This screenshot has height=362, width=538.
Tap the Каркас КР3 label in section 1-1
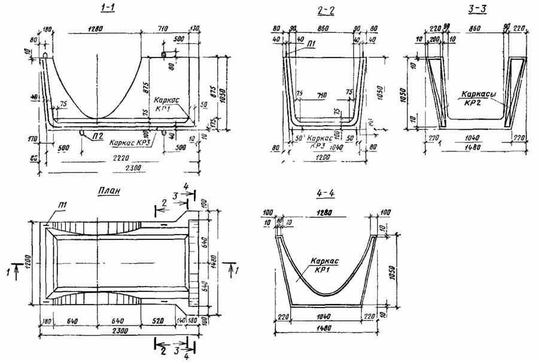(x=127, y=144)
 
